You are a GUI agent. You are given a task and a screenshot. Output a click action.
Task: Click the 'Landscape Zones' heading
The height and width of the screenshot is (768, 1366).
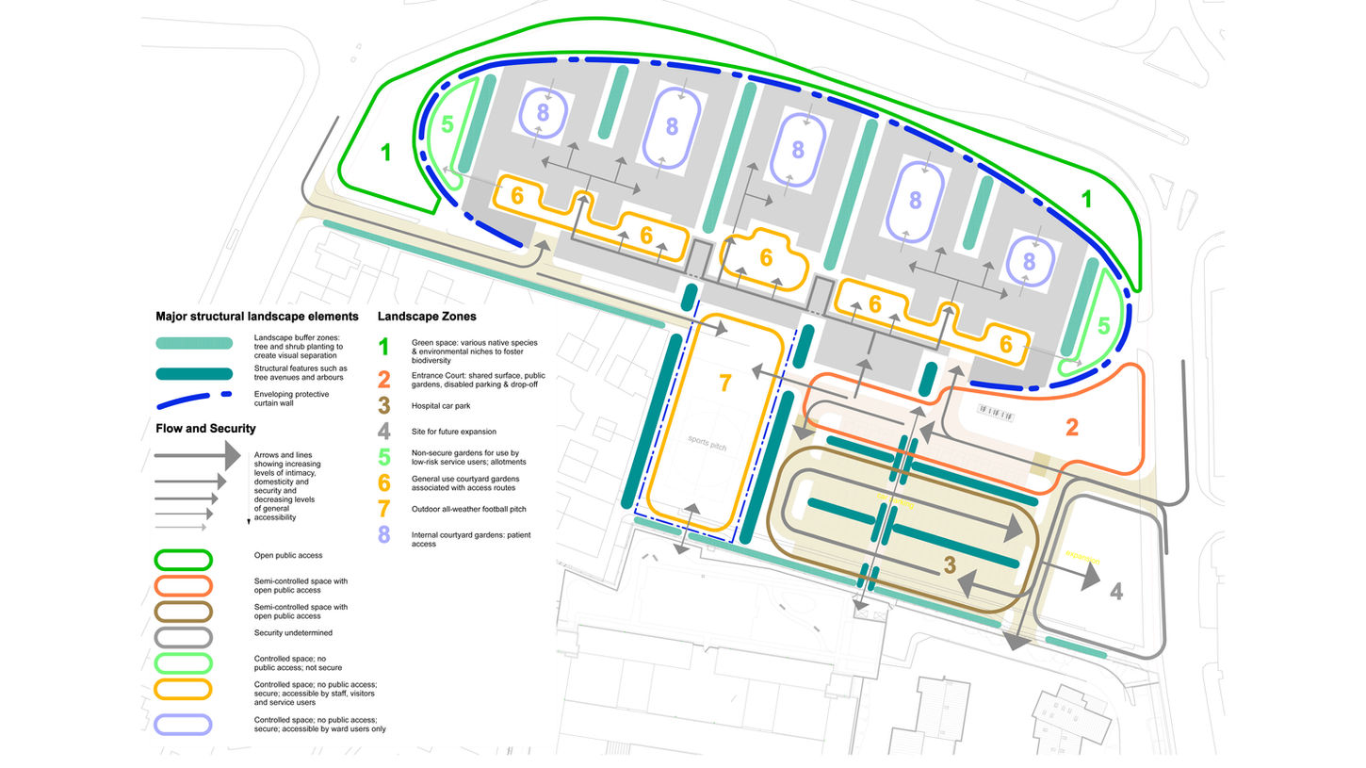click(426, 317)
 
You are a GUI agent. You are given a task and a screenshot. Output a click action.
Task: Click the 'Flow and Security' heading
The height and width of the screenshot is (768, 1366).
click(205, 429)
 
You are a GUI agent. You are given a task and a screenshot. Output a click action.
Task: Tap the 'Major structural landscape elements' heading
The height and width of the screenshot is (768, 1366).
click(256, 317)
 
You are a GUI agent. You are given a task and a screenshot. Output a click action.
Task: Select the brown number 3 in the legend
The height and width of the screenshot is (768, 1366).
click(382, 405)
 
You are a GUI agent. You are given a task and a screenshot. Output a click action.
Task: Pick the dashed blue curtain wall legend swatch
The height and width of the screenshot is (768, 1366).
click(194, 400)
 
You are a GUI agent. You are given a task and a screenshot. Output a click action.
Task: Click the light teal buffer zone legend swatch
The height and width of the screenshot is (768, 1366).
click(194, 343)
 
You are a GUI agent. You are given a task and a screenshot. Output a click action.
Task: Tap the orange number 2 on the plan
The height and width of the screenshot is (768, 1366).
click(1072, 427)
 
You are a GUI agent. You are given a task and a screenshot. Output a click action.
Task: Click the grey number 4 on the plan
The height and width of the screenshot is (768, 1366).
click(1115, 592)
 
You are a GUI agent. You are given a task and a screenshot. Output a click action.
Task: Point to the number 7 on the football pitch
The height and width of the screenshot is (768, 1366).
click(724, 384)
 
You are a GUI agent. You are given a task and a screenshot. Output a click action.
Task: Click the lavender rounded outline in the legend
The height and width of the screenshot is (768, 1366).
click(184, 724)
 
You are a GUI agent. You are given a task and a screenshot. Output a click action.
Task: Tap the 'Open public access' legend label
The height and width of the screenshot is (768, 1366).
click(287, 556)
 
